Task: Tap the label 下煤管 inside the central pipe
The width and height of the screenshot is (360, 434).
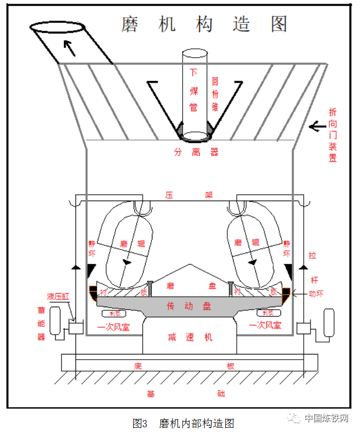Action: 195,90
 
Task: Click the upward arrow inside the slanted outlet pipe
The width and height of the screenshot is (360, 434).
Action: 69,48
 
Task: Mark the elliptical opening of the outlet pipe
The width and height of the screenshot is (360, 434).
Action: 55,27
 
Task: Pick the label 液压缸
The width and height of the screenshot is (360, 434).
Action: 58,297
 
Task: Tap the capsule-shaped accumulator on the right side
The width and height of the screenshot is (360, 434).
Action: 329,323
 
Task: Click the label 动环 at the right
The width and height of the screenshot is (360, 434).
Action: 316,294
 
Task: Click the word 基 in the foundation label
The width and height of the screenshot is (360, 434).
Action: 151,393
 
